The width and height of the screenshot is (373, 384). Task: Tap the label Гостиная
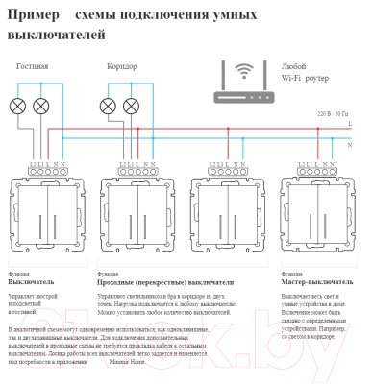pyautogui.click(x=32, y=67)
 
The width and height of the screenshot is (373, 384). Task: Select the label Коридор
pyautogui.click(x=122, y=67)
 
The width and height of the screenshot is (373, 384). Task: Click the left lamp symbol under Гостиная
pyautogui.click(x=19, y=105)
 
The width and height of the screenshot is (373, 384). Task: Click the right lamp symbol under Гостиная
pyautogui.click(x=41, y=105)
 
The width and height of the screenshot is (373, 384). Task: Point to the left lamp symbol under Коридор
pyautogui.click(x=110, y=105)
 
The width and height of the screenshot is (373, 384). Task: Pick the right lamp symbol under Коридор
pyautogui.click(x=134, y=105)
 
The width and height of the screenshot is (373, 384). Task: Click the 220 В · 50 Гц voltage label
pyautogui.click(x=333, y=114)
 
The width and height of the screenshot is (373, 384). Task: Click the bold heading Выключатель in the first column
pyautogui.click(x=31, y=283)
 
